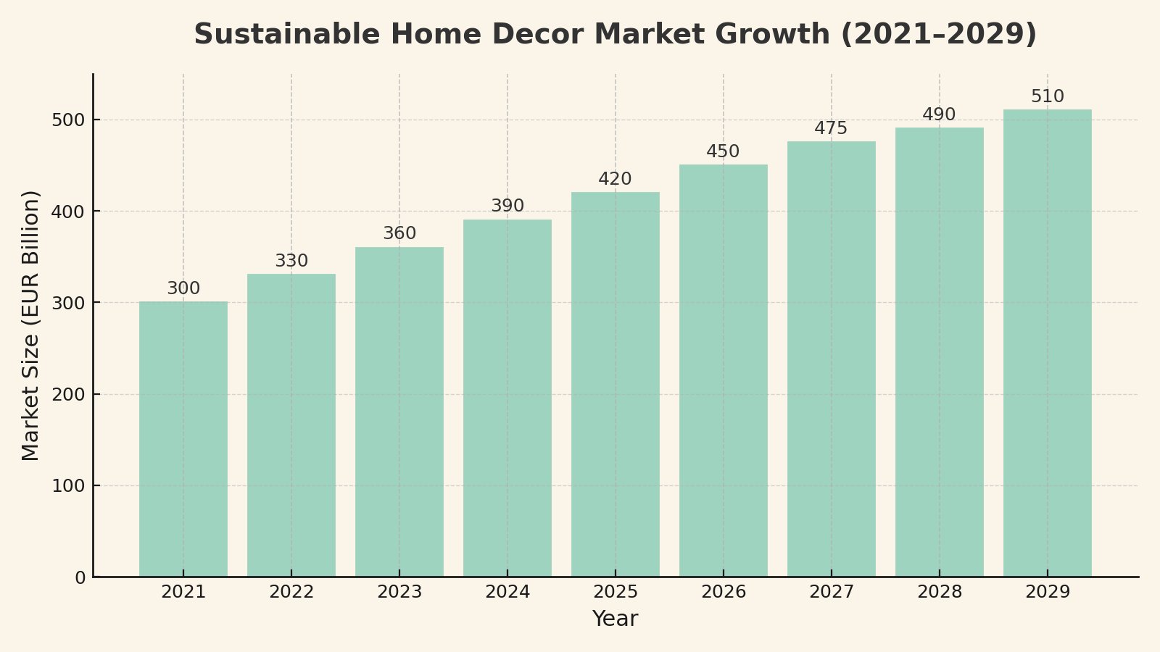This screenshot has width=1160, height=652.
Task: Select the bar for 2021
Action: click(183, 439)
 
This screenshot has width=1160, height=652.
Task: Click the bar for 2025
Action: click(616, 384)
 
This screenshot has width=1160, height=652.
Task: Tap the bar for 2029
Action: click(1047, 343)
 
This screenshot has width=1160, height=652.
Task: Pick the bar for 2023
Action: click(399, 411)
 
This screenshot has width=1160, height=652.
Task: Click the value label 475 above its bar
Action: click(831, 129)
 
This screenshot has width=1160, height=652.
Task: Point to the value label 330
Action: click(291, 262)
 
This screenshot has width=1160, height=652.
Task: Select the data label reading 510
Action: click(1047, 97)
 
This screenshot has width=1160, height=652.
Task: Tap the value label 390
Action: click(507, 206)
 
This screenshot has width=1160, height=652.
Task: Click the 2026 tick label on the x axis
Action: click(724, 593)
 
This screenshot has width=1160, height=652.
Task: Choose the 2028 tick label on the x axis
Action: click(940, 593)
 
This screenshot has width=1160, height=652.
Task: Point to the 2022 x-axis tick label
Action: click(291, 593)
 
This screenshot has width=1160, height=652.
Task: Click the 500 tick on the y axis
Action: click(68, 120)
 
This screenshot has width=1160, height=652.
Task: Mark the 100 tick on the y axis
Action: click(68, 486)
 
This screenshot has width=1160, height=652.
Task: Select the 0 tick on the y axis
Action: click(80, 577)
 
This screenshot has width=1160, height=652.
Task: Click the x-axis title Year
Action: click(615, 619)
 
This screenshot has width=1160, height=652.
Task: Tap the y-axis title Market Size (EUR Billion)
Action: click(30, 325)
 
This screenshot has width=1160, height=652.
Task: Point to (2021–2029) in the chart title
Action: click(938, 35)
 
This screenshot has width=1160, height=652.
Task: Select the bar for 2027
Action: click(831, 359)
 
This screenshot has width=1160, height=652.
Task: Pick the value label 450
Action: click(723, 152)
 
